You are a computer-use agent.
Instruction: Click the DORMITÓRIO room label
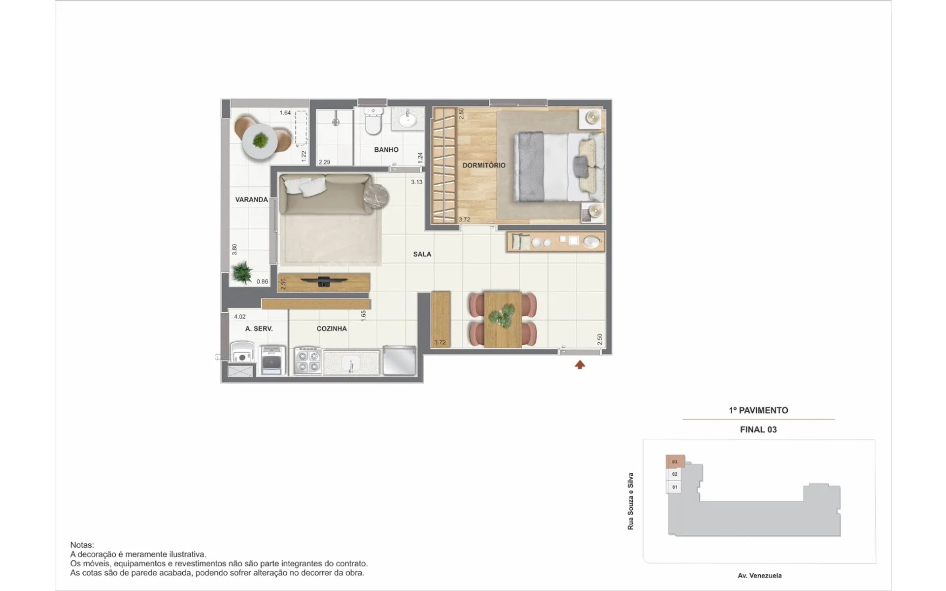pyautogui.click(x=484, y=165)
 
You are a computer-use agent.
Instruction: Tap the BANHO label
pyautogui.click(x=386, y=150)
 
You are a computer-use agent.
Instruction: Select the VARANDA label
pyautogui.click(x=251, y=199)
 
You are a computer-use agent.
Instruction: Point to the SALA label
pyautogui.click(x=422, y=254)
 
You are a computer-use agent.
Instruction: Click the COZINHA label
pyautogui.click(x=332, y=328)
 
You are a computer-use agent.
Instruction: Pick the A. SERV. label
pyautogui.click(x=259, y=328)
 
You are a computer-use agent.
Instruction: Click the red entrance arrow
pyautogui.click(x=580, y=365)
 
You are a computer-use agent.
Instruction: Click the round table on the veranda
pyautogui.click(x=260, y=141)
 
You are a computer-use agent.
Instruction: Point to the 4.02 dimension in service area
pyautogui.click(x=240, y=317)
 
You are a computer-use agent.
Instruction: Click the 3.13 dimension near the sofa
pyautogui.click(x=417, y=182)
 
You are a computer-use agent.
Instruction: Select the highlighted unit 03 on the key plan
pyautogui.click(x=675, y=461)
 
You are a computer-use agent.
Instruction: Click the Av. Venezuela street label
pyautogui.click(x=759, y=576)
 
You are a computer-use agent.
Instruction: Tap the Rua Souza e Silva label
pyautogui.click(x=630, y=501)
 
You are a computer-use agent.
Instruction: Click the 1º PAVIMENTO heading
pyautogui.click(x=758, y=410)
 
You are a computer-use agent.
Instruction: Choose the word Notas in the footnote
pyautogui.click(x=82, y=545)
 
